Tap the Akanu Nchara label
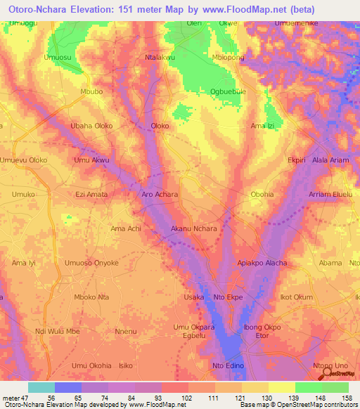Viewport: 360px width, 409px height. point(194,228)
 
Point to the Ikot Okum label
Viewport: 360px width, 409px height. point(296,297)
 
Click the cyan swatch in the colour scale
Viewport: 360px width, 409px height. point(41,387)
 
